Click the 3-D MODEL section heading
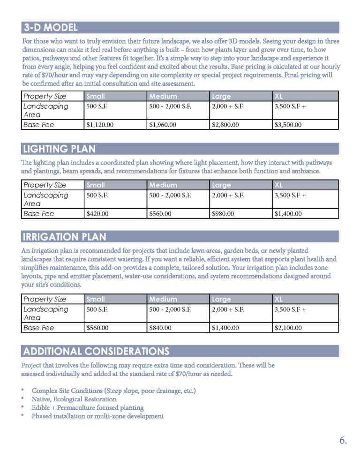pyautogui.click(x=51, y=28)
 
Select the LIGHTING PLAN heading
pyautogui.click(x=59, y=149)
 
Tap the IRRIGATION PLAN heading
pyautogui.click(x=65, y=236)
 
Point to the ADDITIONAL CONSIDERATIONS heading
pyautogui.click(x=96, y=351)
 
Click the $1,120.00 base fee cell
pyautogui.click(x=100, y=125)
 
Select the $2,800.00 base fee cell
pyautogui.click(x=225, y=125)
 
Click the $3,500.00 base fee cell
pyautogui.click(x=288, y=125)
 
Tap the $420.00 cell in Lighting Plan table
pyautogui.click(x=97, y=214)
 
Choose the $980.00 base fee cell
pyautogui.click(x=223, y=214)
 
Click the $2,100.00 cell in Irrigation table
pyautogui.click(x=288, y=328)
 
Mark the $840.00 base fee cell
pyautogui.click(x=160, y=328)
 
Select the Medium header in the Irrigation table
pyautogui.click(x=163, y=299)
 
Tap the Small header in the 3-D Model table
pyautogui.click(x=96, y=96)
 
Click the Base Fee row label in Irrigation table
pyautogui.click(x=39, y=328)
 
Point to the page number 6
pyautogui.click(x=343, y=441)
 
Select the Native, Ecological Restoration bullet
pyautogui.click(x=74, y=399)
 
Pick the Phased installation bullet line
pyautogui.click(x=97, y=416)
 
